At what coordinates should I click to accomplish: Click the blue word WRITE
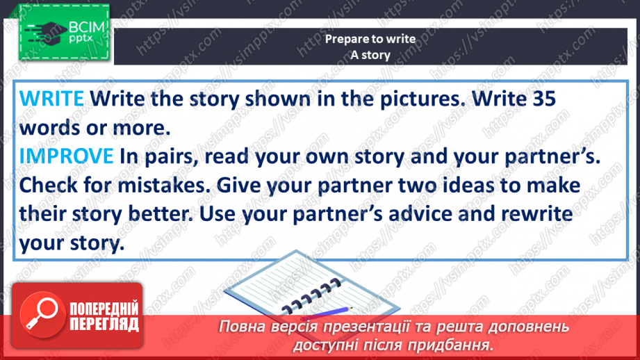51,99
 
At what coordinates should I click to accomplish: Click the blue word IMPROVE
67,156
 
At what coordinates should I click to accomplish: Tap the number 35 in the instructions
543,99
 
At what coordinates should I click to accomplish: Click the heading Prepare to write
370,39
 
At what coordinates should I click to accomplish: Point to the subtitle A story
370,55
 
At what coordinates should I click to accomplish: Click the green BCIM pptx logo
64,32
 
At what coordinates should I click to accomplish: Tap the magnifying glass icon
42,315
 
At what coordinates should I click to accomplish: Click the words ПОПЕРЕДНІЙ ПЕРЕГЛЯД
104,316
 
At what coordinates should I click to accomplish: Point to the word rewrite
536,214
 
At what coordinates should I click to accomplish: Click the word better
161,214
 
